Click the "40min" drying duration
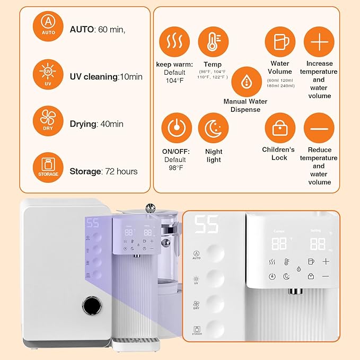(x=112, y=124)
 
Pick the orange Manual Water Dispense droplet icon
(x=245, y=81)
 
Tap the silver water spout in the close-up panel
(x=293, y=291)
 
